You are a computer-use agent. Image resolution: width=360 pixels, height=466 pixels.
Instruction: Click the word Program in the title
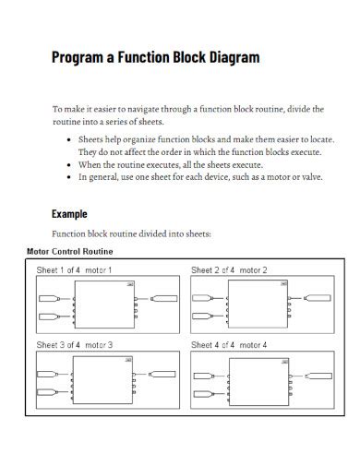tap(80, 57)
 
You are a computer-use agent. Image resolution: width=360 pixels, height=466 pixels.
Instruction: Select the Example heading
tap(70, 212)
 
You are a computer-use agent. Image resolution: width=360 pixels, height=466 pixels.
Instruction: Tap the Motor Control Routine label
tap(70, 251)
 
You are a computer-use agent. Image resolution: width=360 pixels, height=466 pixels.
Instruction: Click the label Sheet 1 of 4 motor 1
tap(74, 270)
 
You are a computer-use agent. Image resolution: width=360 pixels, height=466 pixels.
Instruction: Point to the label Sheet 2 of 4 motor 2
tap(229, 270)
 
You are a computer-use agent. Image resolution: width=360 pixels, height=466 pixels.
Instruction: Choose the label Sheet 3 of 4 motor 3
tap(74, 344)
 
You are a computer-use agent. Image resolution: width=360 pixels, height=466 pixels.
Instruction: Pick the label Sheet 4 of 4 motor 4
tap(229, 344)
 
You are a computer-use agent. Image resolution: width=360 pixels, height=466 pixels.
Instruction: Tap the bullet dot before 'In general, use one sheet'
tap(72, 175)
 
